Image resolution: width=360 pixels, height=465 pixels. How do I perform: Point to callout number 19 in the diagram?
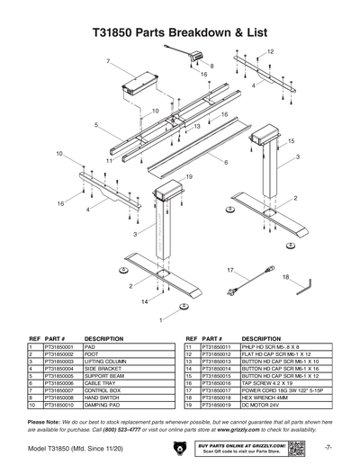pyautogui.click(x=190, y=177)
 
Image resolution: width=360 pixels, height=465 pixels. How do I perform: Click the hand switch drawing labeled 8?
pyautogui.click(x=194, y=56)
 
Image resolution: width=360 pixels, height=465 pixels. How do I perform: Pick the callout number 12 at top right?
pyautogui.click(x=270, y=53)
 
